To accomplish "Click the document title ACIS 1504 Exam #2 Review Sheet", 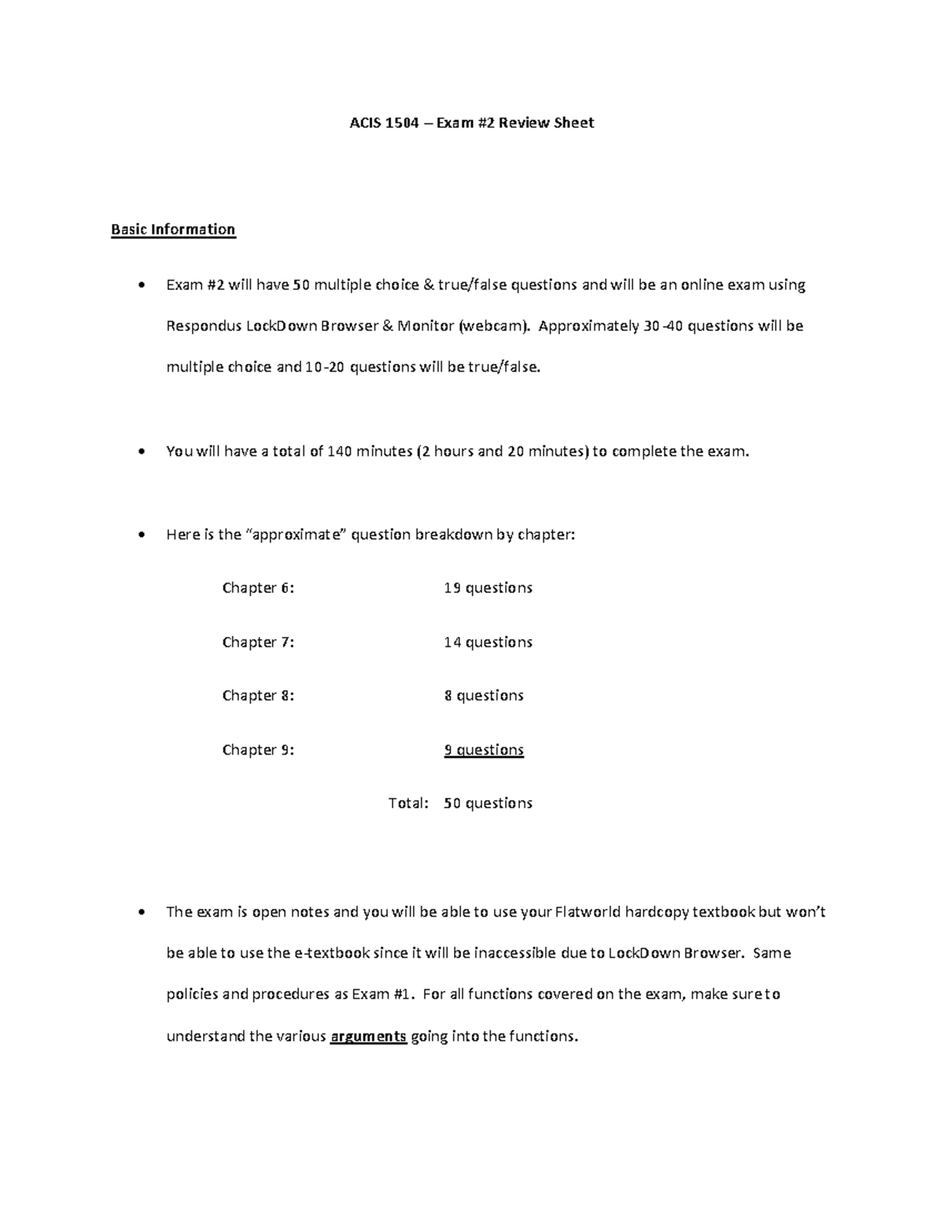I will tap(471, 123).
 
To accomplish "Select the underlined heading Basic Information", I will tap(173, 230).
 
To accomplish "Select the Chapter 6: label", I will tap(258, 588).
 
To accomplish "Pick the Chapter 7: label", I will tap(258, 642).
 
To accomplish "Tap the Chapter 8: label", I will tap(258, 696).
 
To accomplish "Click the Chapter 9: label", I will tap(258, 750).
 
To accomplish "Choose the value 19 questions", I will tap(488, 588).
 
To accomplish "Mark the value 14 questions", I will tap(488, 642).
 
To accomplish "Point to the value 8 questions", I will tap(484, 696).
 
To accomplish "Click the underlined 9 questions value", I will tap(484, 750).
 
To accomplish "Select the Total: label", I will tap(408, 803).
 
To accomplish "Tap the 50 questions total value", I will tap(488, 803).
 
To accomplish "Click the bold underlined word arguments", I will tap(368, 1036).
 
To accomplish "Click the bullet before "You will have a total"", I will tap(141, 452).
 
